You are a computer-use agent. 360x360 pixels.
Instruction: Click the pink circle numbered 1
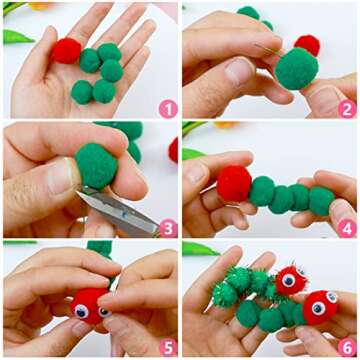point(168,109)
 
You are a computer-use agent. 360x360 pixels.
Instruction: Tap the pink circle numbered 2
point(347,109)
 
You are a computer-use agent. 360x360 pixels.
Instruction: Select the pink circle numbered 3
point(168,228)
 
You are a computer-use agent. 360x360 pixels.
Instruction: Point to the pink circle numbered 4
point(347,228)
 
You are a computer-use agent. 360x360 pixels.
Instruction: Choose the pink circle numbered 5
point(168,347)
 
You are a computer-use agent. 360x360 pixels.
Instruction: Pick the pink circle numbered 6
point(347,347)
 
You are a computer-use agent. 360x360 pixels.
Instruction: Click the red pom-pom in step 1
point(66,51)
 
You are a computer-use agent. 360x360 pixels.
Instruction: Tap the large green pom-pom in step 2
point(296,69)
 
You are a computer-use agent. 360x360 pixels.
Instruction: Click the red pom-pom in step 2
point(307,44)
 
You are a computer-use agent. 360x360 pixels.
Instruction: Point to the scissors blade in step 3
point(118,210)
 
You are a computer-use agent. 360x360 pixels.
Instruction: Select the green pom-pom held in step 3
point(96,166)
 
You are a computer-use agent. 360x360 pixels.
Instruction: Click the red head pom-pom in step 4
point(234,184)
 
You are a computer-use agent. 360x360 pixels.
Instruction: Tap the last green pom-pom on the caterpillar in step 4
point(321,201)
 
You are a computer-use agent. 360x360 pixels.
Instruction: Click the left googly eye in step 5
point(81,311)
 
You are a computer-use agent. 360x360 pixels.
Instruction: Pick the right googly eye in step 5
point(104,312)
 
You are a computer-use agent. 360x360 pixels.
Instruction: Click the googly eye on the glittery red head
point(288,280)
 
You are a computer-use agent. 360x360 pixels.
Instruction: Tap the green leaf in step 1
point(17,37)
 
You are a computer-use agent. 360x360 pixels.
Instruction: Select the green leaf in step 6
point(200,249)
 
